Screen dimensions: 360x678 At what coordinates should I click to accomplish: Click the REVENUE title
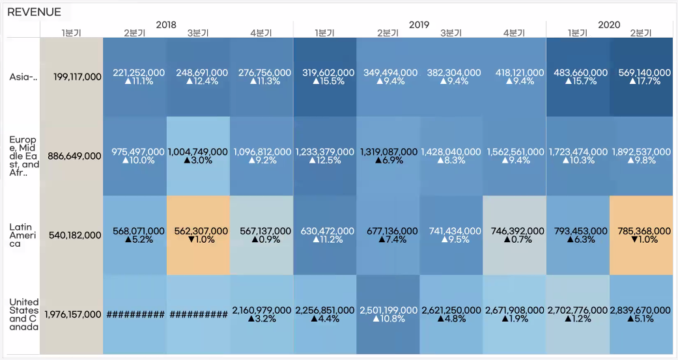click(x=34, y=12)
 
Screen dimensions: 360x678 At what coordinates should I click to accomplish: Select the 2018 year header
click(x=166, y=25)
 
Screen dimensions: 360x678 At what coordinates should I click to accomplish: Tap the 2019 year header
click(x=419, y=25)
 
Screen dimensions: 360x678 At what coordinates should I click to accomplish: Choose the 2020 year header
click(x=608, y=25)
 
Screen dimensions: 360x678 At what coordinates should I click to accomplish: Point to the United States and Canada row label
click(x=24, y=314)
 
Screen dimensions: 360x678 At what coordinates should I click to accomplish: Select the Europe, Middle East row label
click(x=24, y=156)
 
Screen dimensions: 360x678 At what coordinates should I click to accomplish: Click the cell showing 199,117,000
click(x=72, y=77)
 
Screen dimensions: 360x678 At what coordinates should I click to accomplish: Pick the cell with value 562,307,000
click(x=198, y=235)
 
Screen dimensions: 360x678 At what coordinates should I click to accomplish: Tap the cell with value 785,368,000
click(x=641, y=235)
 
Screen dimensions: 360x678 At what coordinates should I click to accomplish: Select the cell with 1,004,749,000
click(x=198, y=156)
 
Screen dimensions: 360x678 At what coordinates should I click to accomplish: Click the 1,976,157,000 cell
click(x=72, y=314)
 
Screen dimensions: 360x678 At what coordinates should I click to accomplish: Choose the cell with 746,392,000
click(x=515, y=235)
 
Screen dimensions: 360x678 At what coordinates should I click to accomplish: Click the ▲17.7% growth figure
click(x=641, y=81)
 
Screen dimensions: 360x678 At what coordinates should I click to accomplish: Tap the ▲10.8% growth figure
click(x=388, y=319)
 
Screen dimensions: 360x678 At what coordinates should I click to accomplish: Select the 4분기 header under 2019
click(x=514, y=33)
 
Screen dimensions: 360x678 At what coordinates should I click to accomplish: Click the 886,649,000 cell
click(x=72, y=156)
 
